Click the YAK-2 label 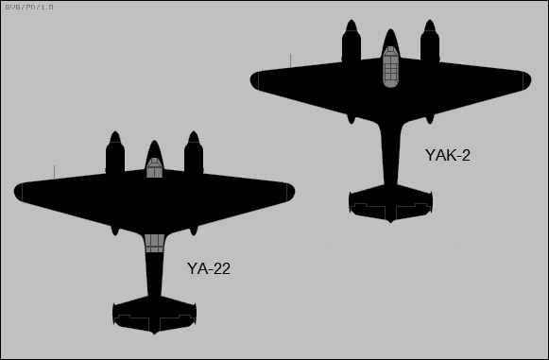(x=448, y=155)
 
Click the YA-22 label (x=209, y=268)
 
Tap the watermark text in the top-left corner (x=29, y=7)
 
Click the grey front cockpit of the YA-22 (x=154, y=168)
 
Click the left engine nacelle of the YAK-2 (x=351, y=43)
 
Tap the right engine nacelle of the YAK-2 (x=429, y=43)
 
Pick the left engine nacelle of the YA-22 (x=114, y=154)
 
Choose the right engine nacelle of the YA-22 (x=194, y=154)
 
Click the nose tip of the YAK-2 (x=389, y=31)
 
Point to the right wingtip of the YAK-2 (x=528, y=79)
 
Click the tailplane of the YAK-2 (x=390, y=203)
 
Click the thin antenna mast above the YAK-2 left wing (x=290, y=60)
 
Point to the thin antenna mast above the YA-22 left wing (x=54, y=171)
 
